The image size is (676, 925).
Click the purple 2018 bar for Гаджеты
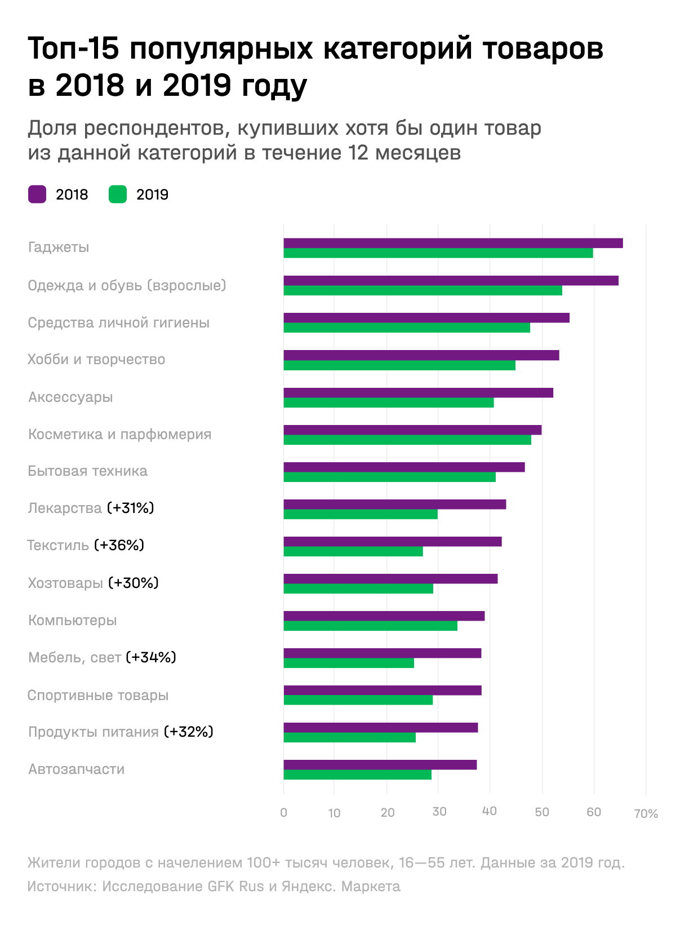(x=453, y=243)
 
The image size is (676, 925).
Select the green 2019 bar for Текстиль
(x=353, y=552)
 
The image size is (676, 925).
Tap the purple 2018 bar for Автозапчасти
(x=380, y=765)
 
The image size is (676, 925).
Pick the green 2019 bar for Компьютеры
(x=370, y=626)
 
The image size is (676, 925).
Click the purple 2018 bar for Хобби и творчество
(x=421, y=355)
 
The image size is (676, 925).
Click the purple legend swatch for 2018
(x=37, y=194)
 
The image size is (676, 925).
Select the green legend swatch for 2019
(x=118, y=194)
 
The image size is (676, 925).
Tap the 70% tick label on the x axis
(x=646, y=813)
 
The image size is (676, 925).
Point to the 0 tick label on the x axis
(x=283, y=813)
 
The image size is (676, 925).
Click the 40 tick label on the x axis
(x=490, y=812)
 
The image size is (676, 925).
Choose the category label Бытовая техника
(x=88, y=471)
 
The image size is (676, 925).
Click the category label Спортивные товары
(x=98, y=695)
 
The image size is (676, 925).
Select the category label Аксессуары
(x=70, y=397)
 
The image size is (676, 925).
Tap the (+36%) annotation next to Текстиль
(x=119, y=545)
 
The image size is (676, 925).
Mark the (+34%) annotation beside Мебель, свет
(x=151, y=657)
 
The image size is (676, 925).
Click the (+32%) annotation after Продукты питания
(x=189, y=732)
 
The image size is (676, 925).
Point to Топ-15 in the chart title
(x=73, y=48)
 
